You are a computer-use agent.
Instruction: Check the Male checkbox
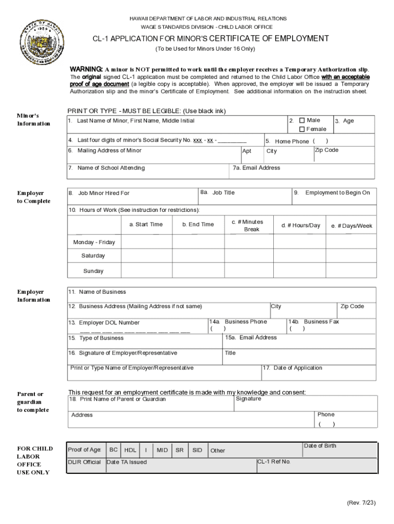(x=302, y=120)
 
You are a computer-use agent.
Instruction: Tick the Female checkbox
(x=302, y=129)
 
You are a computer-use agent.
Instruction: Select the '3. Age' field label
(x=344, y=121)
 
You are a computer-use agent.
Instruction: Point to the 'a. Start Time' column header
(x=146, y=224)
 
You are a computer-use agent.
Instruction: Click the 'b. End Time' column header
(x=198, y=224)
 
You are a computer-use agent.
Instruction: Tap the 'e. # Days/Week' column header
(x=352, y=226)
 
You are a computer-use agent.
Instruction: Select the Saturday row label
(x=93, y=255)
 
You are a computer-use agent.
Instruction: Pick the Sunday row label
(x=93, y=271)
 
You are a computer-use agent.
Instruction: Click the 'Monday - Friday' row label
(x=94, y=242)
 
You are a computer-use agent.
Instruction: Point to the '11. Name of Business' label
(x=97, y=292)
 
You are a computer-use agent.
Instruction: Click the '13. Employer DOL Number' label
(x=104, y=323)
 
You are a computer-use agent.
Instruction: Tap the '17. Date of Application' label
(x=293, y=368)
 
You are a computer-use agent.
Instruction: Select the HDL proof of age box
(x=130, y=450)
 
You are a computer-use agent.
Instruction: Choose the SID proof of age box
(x=197, y=450)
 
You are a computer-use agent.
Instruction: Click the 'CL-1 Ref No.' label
(x=274, y=462)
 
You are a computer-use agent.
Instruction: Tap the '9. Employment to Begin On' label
(x=333, y=193)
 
